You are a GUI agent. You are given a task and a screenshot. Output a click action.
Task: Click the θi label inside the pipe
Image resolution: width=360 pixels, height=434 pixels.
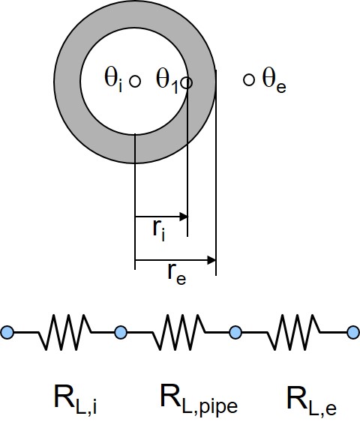(x=113, y=80)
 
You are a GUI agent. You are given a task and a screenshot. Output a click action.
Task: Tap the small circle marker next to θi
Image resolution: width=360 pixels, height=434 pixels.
(x=135, y=82)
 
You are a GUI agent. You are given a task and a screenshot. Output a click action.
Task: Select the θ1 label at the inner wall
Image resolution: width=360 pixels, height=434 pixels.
(x=167, y=81)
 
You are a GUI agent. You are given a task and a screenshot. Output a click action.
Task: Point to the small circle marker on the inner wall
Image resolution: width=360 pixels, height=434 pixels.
(x=187, y=82)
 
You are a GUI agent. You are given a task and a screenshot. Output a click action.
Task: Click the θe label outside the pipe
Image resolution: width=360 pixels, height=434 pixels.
(x=274, y=80)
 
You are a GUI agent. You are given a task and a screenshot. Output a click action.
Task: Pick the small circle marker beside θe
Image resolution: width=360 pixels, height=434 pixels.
(x=249, y=80)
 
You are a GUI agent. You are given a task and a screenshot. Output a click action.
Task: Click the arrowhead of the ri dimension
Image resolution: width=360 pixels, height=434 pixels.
(x=184, y=217)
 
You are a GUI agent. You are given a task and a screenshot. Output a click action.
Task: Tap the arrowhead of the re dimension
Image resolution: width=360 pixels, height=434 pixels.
(x=211, y=260)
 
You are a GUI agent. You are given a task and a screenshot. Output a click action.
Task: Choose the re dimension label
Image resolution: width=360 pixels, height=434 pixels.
(x=177, y=274)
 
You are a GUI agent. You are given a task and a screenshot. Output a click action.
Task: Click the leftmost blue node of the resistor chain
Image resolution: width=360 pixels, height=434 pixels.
(x=7, y=332)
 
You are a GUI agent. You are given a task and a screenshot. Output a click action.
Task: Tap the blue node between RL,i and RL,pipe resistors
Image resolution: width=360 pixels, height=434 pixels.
(x=121, y=332)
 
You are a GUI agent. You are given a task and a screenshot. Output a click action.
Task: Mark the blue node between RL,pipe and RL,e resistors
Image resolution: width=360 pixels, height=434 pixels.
(x=235, y=332)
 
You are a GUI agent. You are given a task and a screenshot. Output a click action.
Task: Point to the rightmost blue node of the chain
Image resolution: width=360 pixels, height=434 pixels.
(x=354, y=332)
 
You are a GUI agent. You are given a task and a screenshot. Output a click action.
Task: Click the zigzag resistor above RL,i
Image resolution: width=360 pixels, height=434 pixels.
(x=64, y=332)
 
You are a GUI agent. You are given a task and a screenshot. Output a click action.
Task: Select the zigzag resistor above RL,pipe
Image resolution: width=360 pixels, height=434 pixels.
(x=178, y=332)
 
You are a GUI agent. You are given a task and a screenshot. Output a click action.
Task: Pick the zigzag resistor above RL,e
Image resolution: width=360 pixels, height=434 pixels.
(x=293, y=332)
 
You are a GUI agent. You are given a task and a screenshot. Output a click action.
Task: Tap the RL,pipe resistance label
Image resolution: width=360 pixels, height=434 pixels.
(x=199, y=400)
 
